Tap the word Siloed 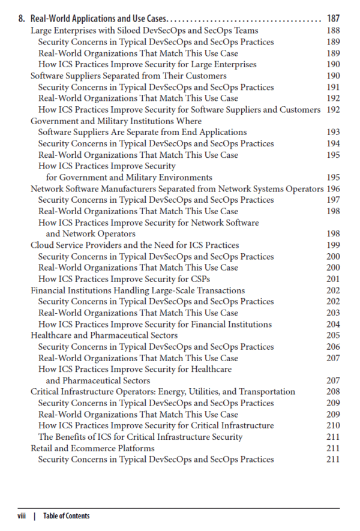click(x=127, y=31)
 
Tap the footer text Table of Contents click(x=66, y=516)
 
